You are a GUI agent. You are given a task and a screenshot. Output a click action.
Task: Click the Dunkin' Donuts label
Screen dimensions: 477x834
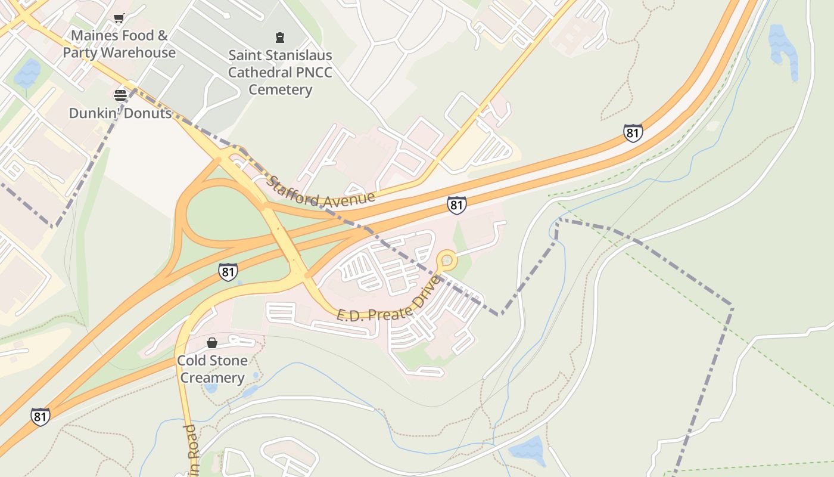120,113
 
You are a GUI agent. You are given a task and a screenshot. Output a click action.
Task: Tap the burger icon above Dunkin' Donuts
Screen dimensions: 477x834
120,95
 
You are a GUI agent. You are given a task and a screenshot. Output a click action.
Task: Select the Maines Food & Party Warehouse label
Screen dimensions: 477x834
119,44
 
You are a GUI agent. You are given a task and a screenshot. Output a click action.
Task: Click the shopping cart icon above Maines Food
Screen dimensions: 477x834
119,18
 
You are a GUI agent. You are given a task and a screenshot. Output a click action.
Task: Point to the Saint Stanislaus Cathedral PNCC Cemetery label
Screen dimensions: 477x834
280,72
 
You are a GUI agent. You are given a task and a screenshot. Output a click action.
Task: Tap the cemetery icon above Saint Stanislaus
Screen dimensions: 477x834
280,38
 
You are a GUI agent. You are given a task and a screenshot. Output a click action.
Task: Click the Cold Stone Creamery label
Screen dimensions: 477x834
212,369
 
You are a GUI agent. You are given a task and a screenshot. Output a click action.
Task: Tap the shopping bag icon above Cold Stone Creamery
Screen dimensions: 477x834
212,343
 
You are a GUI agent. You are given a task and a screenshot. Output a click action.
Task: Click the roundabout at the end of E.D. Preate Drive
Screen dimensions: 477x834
446,261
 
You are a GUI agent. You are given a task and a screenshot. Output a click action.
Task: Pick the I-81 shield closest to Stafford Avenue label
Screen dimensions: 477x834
456,205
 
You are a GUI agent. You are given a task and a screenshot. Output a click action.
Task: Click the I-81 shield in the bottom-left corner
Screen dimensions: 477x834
40,416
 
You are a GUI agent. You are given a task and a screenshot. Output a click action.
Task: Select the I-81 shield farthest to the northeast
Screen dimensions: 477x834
633,132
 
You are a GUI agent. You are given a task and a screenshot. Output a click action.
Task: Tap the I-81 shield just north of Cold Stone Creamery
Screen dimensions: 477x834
228,272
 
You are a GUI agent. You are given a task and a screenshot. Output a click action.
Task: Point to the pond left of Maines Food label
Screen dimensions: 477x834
27,74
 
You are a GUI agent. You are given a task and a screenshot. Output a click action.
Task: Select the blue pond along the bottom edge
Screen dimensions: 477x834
527,451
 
